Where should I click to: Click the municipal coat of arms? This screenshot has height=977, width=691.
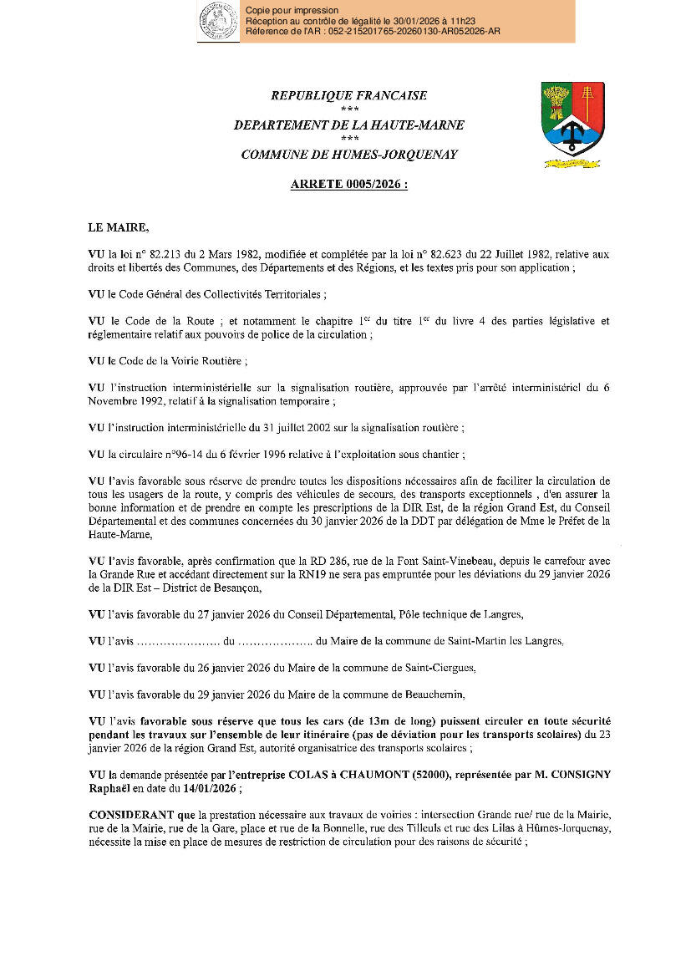[572, 124]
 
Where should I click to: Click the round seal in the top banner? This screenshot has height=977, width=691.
[217, 22]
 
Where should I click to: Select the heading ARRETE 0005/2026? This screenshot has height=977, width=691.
[348, 185]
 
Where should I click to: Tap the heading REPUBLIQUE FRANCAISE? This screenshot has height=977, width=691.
[348, 96]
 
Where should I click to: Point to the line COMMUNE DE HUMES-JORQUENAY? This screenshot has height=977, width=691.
[348, 155]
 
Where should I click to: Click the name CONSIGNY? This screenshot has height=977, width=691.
[577, 775]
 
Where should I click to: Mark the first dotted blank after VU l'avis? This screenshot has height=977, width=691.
[176, 642]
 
